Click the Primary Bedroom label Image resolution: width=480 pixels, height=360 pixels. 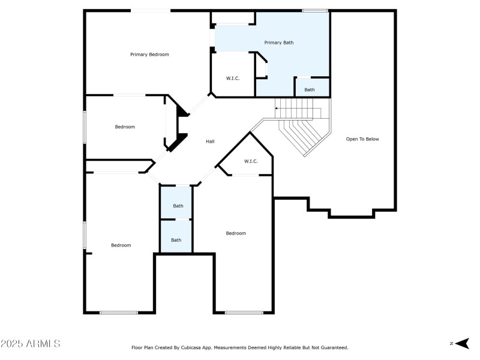coord(149,55)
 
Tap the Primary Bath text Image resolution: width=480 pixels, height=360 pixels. coord(279,43)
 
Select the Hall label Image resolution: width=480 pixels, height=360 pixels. coord(210,142)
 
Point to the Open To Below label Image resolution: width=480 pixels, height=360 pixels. coord(362,139)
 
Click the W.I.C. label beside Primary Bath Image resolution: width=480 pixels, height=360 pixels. coord(233,79)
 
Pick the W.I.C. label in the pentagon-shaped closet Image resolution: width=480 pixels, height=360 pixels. coord(251,161)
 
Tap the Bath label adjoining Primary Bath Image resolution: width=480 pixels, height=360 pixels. coord(309,90)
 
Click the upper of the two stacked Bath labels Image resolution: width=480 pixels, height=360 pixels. coord(178,206)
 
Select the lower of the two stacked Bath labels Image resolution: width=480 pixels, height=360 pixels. coord(176,240)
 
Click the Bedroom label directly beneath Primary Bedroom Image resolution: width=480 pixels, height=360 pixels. coord(125,127)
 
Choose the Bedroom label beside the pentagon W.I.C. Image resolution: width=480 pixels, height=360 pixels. coord(236,233)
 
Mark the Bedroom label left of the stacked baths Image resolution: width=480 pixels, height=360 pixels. coord(121,245)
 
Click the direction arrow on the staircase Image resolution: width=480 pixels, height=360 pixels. coord(277,109)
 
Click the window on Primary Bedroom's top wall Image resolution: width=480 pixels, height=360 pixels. coord(151,10)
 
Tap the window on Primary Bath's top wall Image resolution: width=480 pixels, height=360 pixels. coord(314,10)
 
